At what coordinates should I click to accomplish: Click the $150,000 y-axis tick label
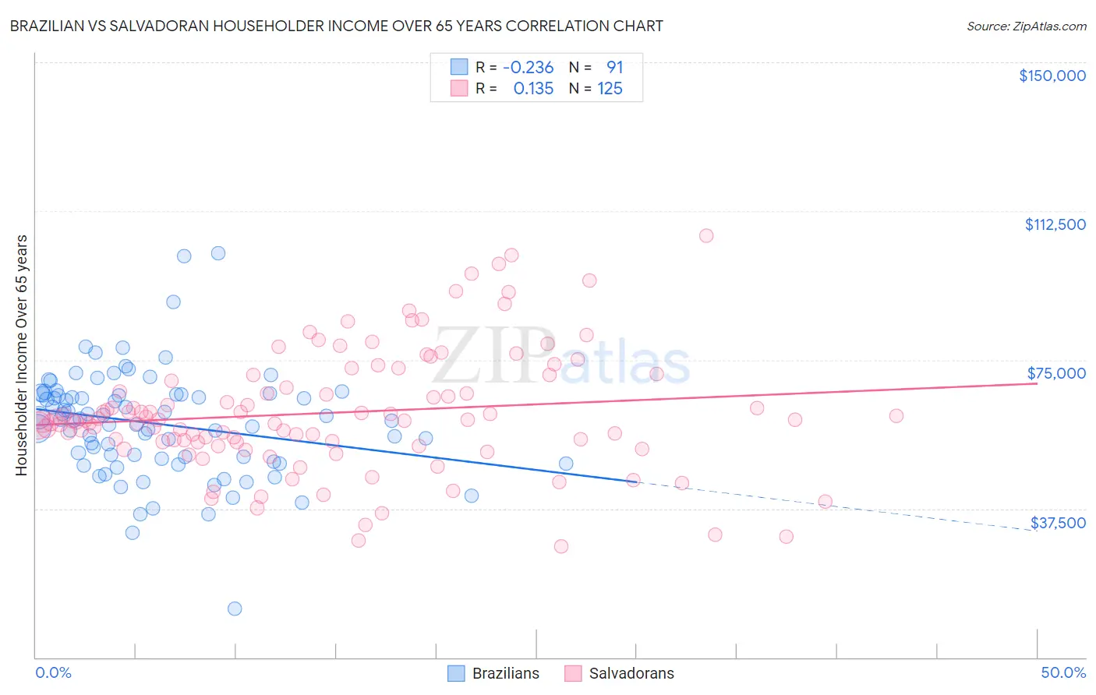click(x=1052, y=76)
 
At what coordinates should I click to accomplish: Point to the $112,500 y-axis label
click(x=1055, y=224)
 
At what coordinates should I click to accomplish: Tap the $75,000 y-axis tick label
click(x=1056, y=373)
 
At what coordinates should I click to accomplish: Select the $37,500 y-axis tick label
click(x=1058, y=523)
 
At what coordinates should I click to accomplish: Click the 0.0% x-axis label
click(x=53, y=672)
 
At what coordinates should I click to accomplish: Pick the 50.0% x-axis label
click(x=1063, y=672)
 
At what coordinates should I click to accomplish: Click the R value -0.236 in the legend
click(x=528, y=67)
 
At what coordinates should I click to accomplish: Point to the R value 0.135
click(x=533, y=88)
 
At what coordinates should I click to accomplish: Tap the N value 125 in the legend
click(x=610, y=88)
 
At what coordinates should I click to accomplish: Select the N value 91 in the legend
click(x=614, y=67)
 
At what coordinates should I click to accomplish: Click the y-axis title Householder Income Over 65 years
click(x=21, y=355)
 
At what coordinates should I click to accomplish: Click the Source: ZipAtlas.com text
click(x=1026, y=26)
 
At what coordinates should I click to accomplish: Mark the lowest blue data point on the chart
click(x=235, y=609)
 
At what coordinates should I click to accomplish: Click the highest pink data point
click(x=706, y=235)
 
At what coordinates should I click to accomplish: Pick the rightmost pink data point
click(x=896, y=416)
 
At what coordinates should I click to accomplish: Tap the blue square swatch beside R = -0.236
click(x=459, y=67)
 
